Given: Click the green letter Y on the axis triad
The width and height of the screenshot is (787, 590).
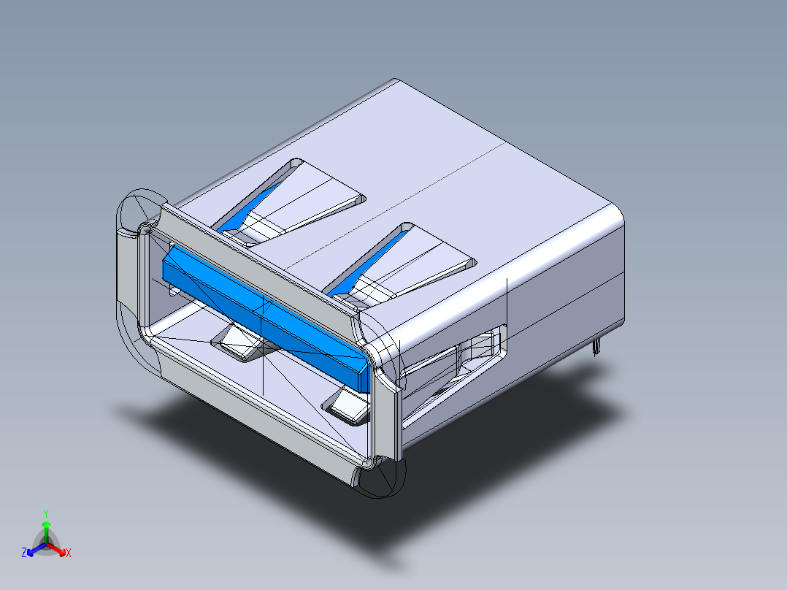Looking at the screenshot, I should click(x=46, y=513).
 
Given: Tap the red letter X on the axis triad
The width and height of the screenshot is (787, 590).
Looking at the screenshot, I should click(x=69, y=553).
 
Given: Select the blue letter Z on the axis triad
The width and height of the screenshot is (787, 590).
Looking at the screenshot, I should click(x=24, y=553).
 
